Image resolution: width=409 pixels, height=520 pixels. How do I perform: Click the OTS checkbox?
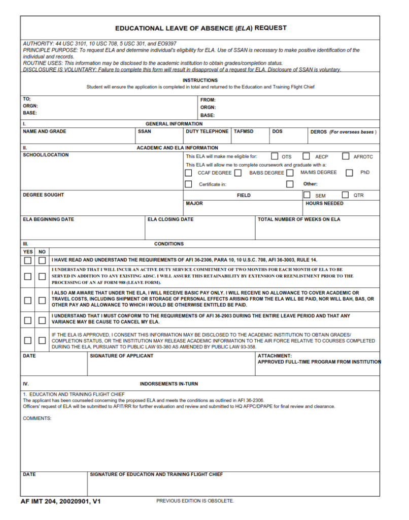(275, 156)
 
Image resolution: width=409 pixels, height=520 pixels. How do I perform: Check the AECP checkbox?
(306, 156)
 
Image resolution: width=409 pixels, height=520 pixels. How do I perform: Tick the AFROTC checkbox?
(346, 156)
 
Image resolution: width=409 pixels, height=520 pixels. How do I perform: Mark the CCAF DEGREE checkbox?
(188, 173)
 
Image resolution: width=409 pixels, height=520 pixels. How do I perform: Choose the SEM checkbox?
(307, 195)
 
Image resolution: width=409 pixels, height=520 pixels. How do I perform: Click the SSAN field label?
(144, 132)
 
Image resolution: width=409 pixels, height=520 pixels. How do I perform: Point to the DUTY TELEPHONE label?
(207, 132)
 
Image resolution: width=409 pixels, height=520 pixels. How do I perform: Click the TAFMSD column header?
(244, 132)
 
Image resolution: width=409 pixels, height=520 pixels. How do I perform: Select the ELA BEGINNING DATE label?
(48, 219)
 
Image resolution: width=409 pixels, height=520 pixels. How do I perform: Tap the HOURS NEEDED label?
(324, 203)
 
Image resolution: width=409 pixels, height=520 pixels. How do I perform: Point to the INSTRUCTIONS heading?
(200, 80)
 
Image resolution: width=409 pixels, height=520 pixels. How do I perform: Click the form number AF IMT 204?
(61, 501)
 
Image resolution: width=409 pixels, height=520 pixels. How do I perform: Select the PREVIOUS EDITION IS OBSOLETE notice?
(195, 501)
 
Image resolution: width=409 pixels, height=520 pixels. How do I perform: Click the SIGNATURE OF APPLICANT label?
(121, 356)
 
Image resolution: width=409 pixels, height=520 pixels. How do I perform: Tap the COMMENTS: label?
(37, 418)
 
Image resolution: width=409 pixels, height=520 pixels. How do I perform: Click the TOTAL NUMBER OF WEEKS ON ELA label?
(299, 219)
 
